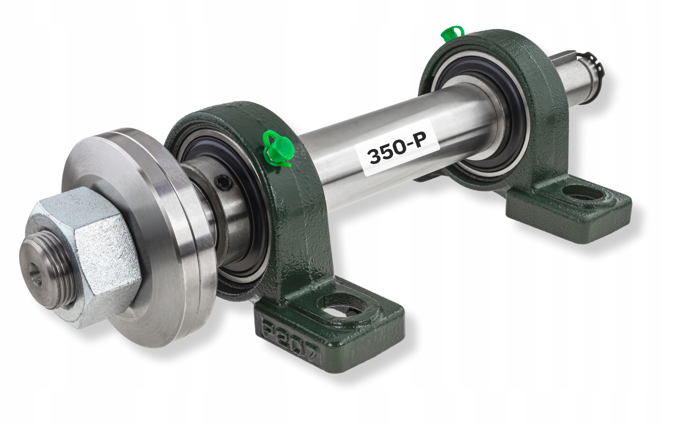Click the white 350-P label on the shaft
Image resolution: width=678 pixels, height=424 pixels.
click(398, 147)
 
